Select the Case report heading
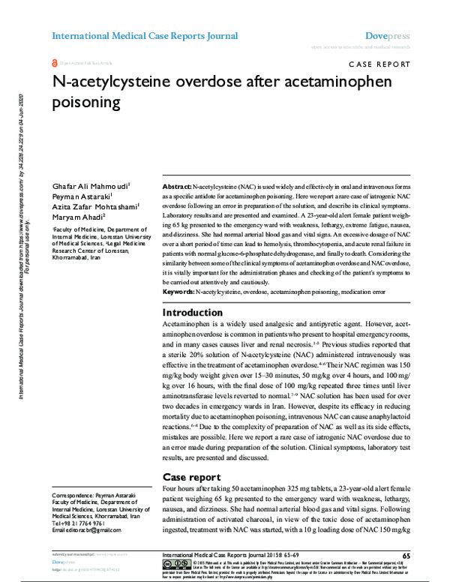(191, 476)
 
